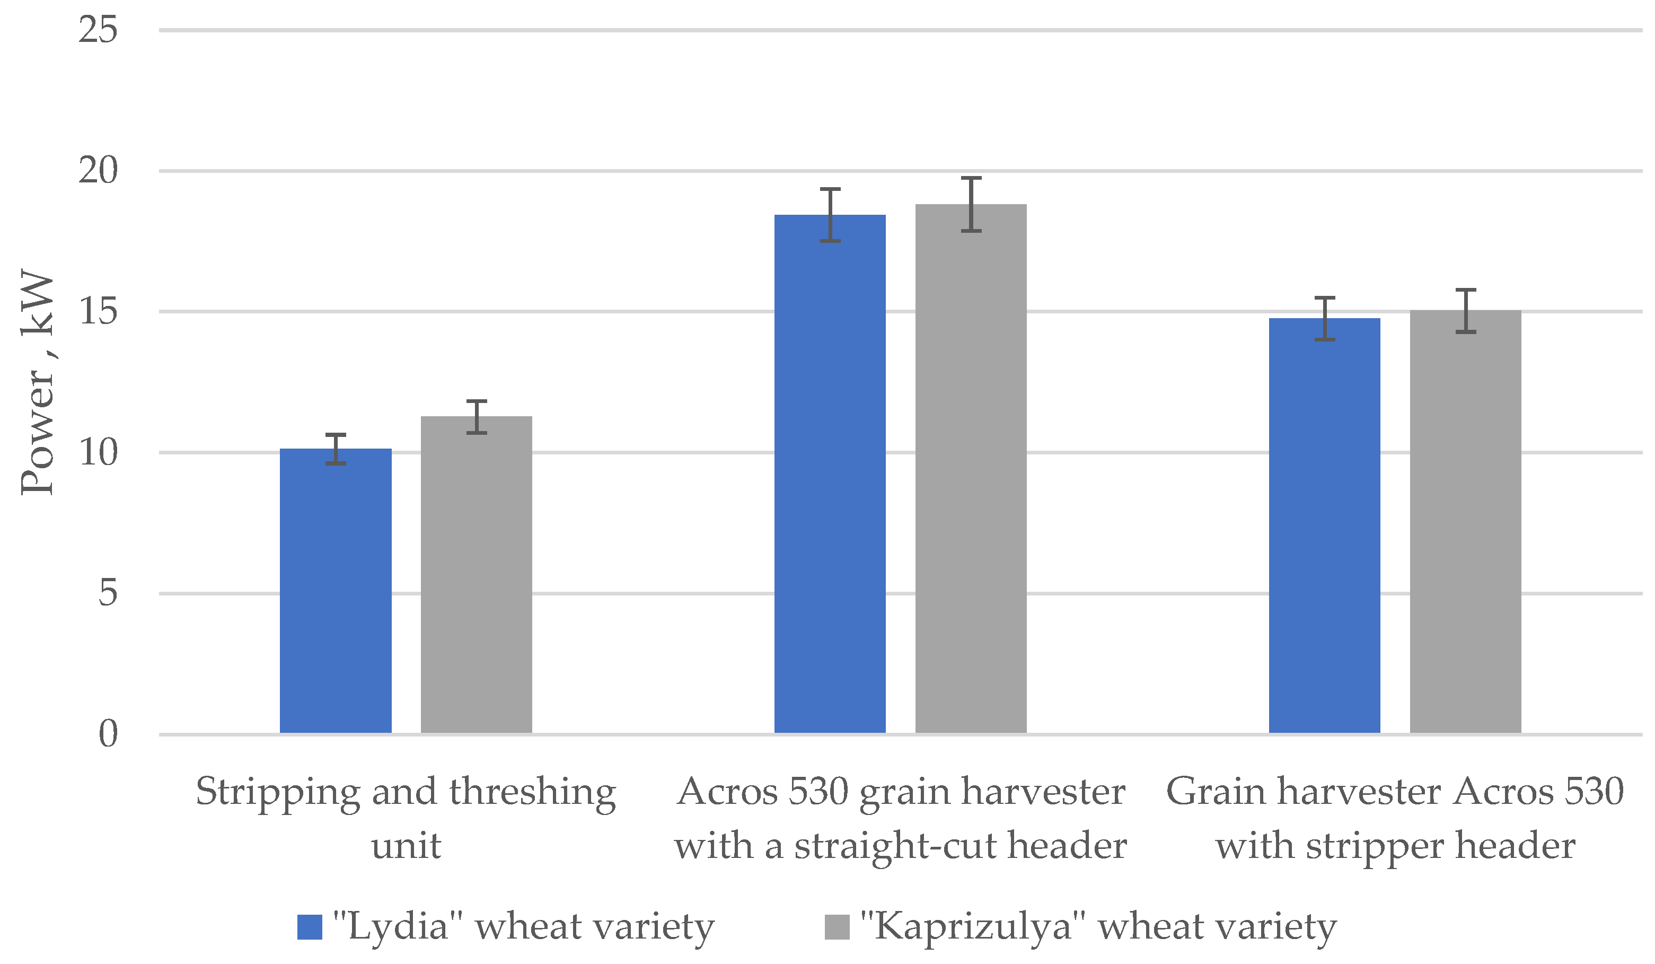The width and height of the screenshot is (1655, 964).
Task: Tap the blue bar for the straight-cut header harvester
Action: click(x=830, y=473)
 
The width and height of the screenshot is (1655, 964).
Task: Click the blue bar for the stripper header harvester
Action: click(x=1324, y=525)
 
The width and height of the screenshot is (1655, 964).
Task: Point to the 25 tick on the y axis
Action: click(x=98, y=30)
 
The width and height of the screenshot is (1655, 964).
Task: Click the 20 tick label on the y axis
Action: click(x=98, y=171)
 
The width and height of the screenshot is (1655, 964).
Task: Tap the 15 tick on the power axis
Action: click(x=98, y=311)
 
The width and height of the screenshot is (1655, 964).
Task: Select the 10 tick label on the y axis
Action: click(x=98, y=452)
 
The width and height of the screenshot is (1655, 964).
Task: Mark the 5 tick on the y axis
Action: click(x=108, y=593)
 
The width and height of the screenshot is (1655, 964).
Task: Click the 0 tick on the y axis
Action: click(x=108, y=733)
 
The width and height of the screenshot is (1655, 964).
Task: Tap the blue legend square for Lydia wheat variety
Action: click(x=310, y=926)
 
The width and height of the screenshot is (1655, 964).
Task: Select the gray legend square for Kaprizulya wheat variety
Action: click(x=837, y=926)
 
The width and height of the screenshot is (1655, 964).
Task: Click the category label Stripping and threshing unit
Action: click(x=406, y=818)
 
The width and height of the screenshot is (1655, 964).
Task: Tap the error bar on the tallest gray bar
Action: click(x=971, y=204)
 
